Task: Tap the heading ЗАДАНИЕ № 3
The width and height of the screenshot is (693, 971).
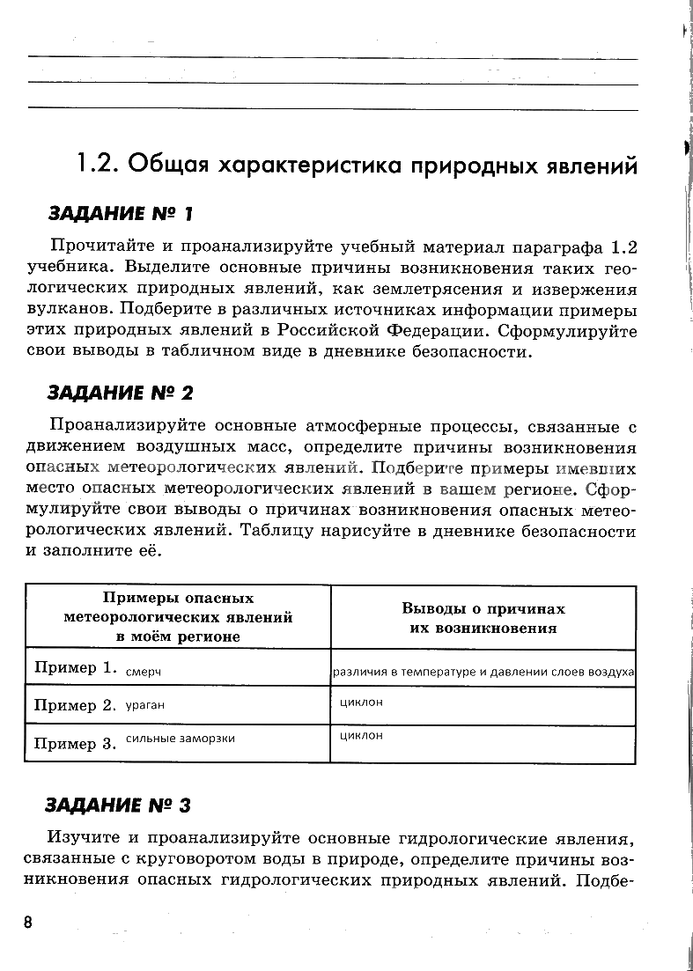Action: [118, 805]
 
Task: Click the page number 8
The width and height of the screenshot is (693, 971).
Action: [28, 921]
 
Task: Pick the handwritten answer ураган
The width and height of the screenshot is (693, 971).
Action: [145, 705]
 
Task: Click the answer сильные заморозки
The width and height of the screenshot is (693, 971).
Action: [180, 738]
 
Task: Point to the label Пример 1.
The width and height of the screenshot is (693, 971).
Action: [75, 667]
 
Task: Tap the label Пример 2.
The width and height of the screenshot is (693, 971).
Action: [75, 705]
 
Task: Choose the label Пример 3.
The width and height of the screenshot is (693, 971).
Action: [75, 743]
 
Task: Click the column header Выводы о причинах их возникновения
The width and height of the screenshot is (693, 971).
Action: [483, 618]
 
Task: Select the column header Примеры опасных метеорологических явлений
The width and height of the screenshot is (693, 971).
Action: [178, 617]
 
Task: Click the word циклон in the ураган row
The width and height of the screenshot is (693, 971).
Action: [361, 702]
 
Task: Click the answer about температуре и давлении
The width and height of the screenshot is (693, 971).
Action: [483, 672]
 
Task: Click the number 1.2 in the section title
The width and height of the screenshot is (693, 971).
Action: [97, 163]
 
